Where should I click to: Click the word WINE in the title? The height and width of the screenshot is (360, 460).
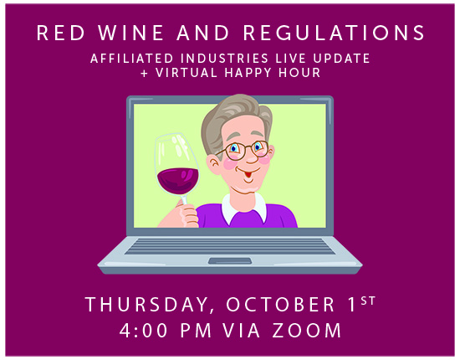(x=130, y=33)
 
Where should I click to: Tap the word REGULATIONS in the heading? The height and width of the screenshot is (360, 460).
(x=334, y=33)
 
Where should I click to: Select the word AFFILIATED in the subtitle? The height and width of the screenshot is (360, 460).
(x=131, y=58)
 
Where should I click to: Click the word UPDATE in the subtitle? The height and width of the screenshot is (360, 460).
(x=341, y=58)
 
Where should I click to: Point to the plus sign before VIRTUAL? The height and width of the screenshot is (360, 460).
(x=145, y=73)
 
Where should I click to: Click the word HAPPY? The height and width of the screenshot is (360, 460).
(x=248, y=73)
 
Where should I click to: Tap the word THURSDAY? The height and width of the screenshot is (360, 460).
(x=146, y=305)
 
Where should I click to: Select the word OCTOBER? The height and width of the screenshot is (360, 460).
(x=280, y=304)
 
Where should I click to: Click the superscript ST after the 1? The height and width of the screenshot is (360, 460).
(x=368, y=301)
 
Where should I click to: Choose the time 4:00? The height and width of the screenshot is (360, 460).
(x=144, y=331)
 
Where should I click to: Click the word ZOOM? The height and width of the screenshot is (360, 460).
(x=307, y=331)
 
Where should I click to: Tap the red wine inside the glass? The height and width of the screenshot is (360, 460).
(x=178, y=181)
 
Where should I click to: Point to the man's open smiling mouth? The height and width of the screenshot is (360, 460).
(x=248, y=174)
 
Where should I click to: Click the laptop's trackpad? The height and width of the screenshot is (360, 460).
(x=230, y=260)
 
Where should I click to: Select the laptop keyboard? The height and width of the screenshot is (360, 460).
(x=230, y=246)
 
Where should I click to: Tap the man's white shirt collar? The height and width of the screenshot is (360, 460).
(x=244, y=208)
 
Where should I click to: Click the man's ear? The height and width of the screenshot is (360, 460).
(x=213, y=165)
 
